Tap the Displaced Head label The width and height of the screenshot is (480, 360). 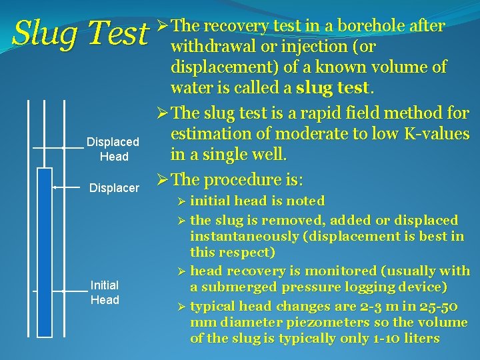point(113,149)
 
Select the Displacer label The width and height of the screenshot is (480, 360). point(114,188)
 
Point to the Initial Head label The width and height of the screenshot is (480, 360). point(105,293)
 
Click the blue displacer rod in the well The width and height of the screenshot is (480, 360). point(45,253)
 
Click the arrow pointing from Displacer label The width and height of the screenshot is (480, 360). point(67,188)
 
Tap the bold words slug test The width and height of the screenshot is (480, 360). point(335,88)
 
